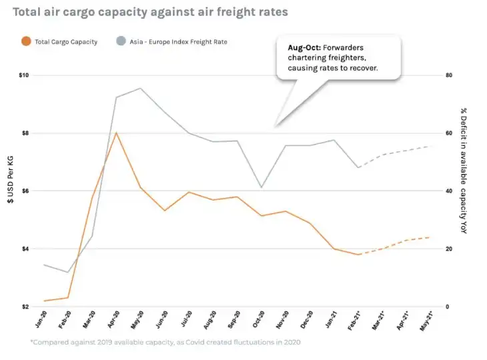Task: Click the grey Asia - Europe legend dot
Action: pyautogui.click(x=120, y=41)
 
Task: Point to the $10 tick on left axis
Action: pyautogui.click(x=24, y=75)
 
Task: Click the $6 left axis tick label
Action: pyautogui.click(x=25, y=191)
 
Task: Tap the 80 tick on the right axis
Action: pyautogui.click(x=450, y=75)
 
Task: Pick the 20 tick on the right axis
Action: pyautogui.click(x=450, y=249)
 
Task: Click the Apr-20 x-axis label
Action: pyautogui.click(x=115, y=319)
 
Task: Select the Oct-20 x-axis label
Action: pyautogui.click(x=260, y=319)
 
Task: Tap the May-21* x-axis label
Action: pyautogui.click(x=428, y=320)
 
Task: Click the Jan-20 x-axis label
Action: pyautogui.click(x=42, y=319)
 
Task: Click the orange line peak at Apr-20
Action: pyautogui.click(x=117, y=133)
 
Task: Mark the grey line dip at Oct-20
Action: pyautogui.click(x=262, y=187)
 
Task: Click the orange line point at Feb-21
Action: pyautogui.click(x=358, y=255)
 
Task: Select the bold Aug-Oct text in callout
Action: pyautogui.click(x=302, y=49)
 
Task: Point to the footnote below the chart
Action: pyautogui.click(x=165, y=342)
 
